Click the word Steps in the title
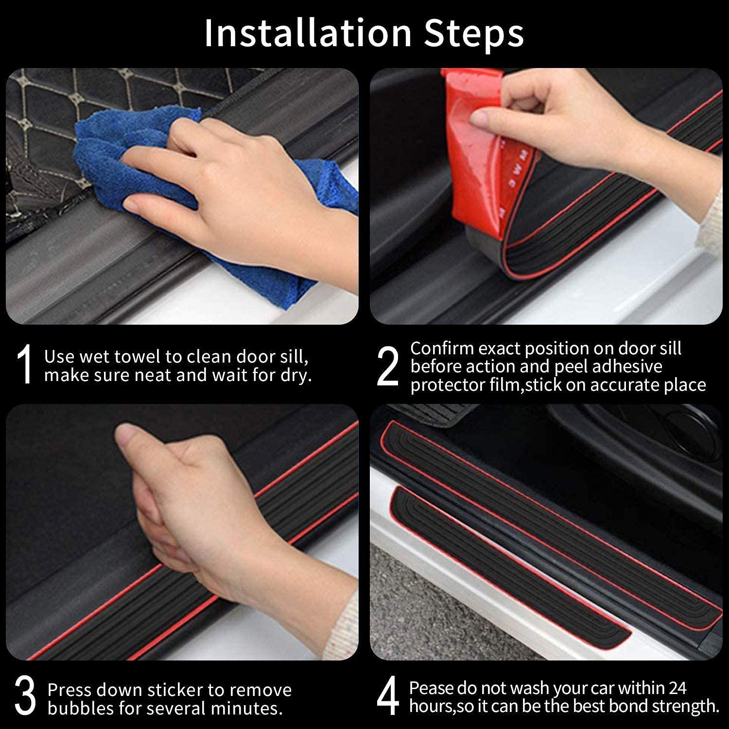coord(474,33)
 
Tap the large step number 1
coord(24,364)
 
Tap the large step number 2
coord(387,366)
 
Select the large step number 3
coord(25,698)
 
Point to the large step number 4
coord(387,698)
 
